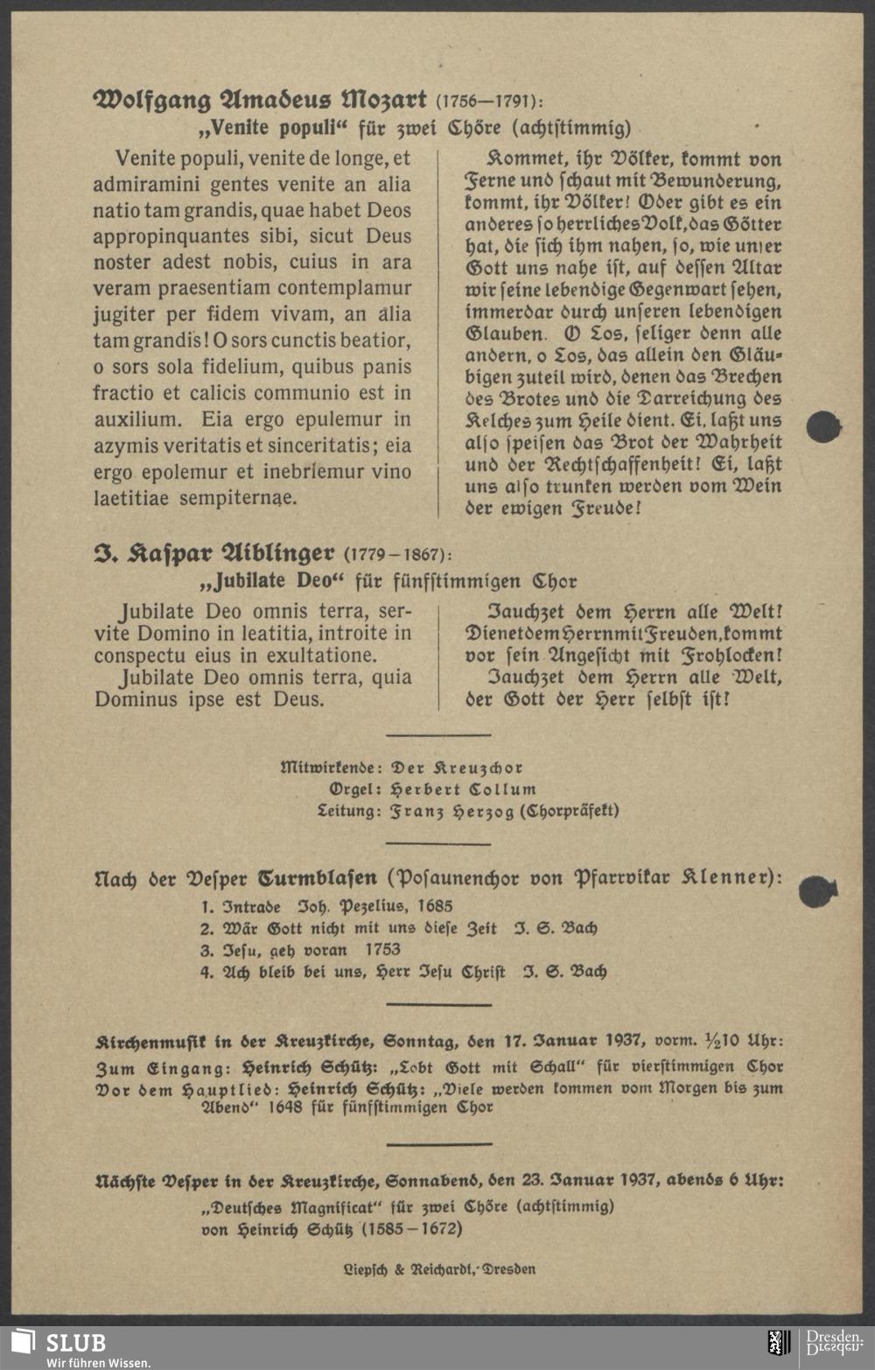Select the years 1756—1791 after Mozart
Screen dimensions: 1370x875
[488, 101]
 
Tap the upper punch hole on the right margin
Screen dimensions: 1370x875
[822, 427]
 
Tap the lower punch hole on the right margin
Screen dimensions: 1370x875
[817, 891]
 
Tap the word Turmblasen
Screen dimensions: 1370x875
[318, 876]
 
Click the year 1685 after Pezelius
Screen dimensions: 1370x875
[435, 906]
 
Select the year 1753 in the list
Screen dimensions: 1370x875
[382, 949]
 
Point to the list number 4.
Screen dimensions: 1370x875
[206, 971]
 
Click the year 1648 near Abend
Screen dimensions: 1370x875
[284, 1107]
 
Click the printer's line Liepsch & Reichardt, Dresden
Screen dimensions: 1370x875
[438, 1268]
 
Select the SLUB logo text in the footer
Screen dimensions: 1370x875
[75, 1343]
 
